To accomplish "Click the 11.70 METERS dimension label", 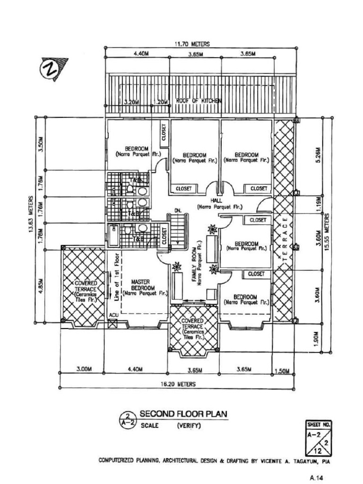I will click(x=192, y=44).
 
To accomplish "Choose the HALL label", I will click(x=220, y=204).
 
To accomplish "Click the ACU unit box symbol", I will click(x=112, y=324).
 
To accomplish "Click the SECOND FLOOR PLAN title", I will click(x=183, y=414).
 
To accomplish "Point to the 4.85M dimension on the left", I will click(x=42, y=288).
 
